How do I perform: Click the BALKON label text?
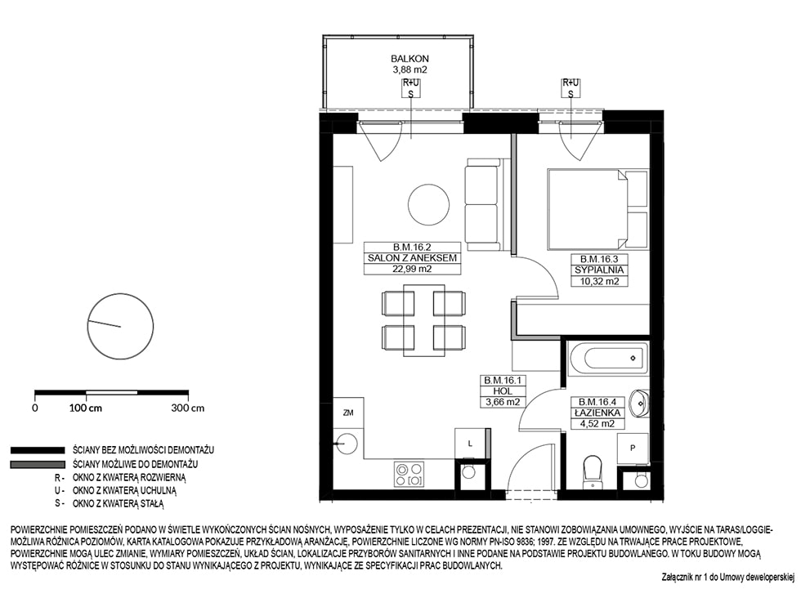pos(409,59)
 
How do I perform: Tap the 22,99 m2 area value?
pos(412,269)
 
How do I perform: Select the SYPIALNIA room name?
pos(599,270)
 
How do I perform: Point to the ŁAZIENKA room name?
pos(597,413)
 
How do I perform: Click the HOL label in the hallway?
pos(503,391)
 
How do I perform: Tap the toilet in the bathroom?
pos(593,471)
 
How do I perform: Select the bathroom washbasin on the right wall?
pos(638,404)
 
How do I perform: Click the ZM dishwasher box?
pos(348,413)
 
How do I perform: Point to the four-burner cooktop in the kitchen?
pos(409,474)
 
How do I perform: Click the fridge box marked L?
pos(471,444)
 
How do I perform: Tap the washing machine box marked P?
pos(633,448)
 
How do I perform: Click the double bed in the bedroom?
pos(598,210)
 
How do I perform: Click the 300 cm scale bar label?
pos(187,408)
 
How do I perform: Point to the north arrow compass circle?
pos(121,327)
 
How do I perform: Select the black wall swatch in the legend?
pos(38,450)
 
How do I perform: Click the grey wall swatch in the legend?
pos(38,465)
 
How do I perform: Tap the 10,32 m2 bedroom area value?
pos(599,281)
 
